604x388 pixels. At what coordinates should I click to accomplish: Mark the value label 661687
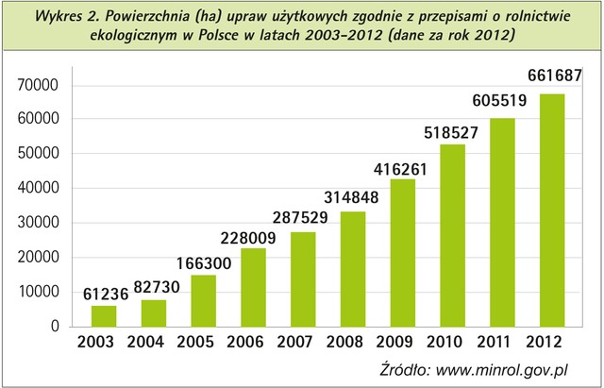coord(550,76)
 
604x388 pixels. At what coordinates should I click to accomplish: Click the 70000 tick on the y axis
coord(39,86)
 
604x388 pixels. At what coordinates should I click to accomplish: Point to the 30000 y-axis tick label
coord(39,223)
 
